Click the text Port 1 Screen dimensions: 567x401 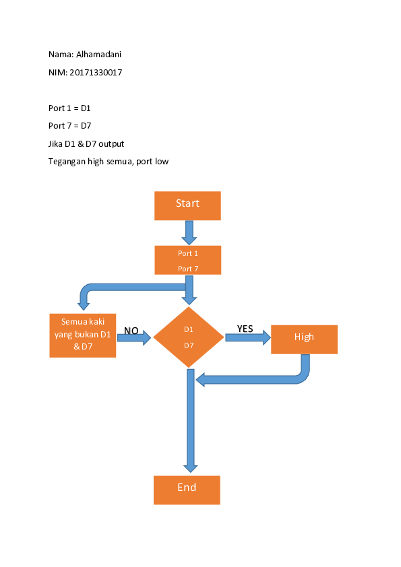pyautogui.click(x=188, y=254)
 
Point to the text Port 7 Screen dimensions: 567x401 pyautogui.click(x=188, y=269)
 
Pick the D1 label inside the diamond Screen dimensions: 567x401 pyautogui.click(x=189, y=330)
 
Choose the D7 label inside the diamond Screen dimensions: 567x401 pyautogui.click(x=189, y=345)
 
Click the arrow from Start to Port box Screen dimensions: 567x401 pyautogui.click(x=189, y=232)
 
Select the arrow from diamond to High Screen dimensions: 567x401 pyautogui.click(x=246, y=337)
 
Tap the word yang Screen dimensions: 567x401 pyautogui.click(x=63, y=335)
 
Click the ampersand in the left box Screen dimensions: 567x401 pyautogui.click(x=75, y=347)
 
